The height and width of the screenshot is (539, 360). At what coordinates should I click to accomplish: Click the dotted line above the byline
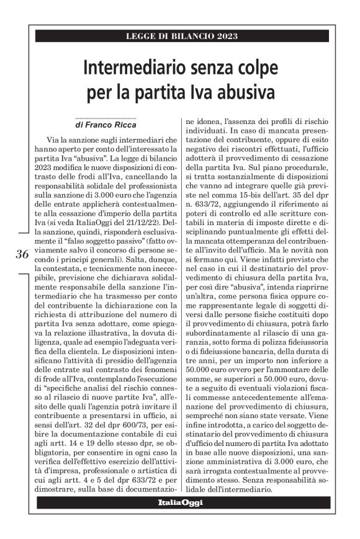click(x=106, y=117)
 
